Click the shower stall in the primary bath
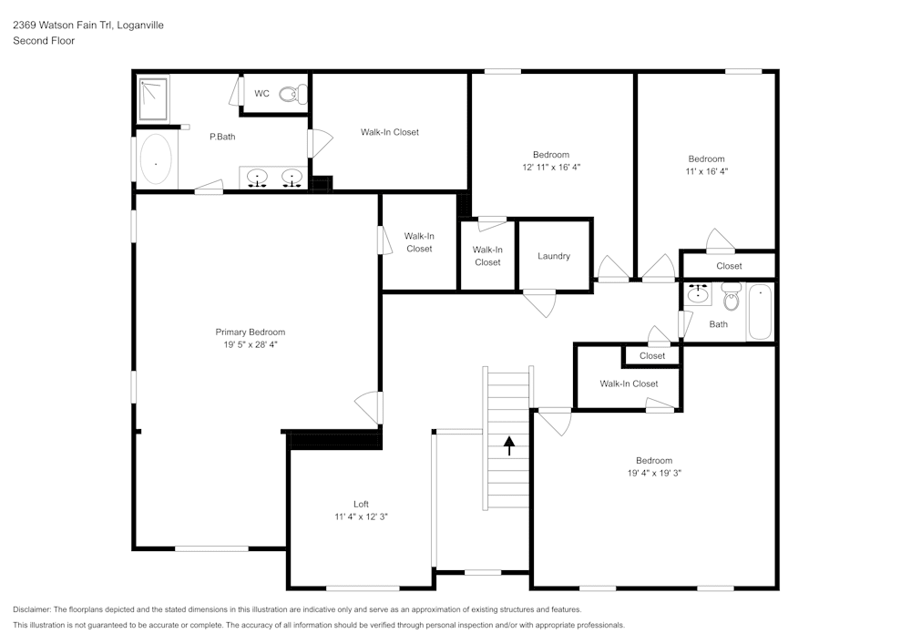(x=155, y=97)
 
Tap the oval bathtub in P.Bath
(x=156, y=161)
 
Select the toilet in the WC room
(x=292, y=94)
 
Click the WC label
(x=261, y=93)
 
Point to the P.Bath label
(x=222, y=137)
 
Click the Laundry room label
(x=554, y=256)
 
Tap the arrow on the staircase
(x=509, y=445)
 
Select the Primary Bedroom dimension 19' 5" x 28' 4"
(x=250, y=345)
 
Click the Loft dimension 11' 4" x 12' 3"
(x=361, y=517)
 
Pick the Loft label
(x=361, y=504)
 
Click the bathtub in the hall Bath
(x=760, y=312)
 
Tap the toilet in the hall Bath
(x=732, y=296)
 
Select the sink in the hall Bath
(x=699, y=293)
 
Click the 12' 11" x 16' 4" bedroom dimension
(x=551, y=168)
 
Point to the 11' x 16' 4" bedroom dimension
(x=706, y=171)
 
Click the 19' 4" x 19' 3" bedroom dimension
(x=654, y=474)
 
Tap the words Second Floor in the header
(x=44, y=41)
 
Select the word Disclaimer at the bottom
(x=32, y=609)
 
